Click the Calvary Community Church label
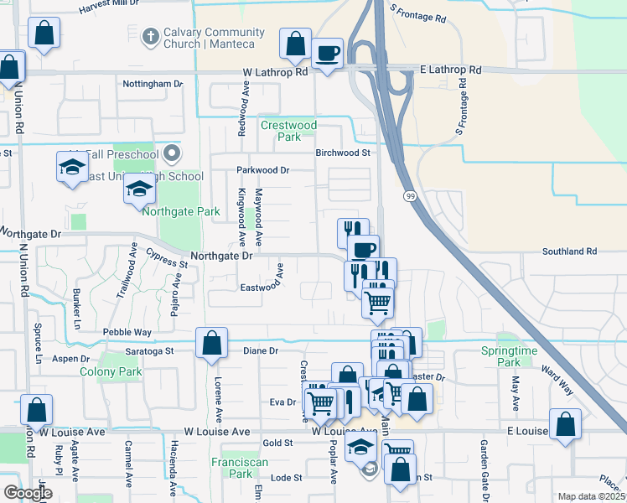coord(214,38)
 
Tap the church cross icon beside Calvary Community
coord(150,36)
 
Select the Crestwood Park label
coord(288,131)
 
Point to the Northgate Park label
coord(181,211)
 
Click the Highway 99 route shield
coord(408,195)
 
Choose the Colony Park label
coord(111,371)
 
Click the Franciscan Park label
coord(241,467)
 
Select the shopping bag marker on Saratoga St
coord(211,344)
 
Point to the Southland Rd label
coord(568,251)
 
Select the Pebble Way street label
coord(127,332)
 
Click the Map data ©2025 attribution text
coord(592,496)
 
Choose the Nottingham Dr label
coord(153,84)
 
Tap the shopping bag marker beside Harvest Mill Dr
coord(44,34)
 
